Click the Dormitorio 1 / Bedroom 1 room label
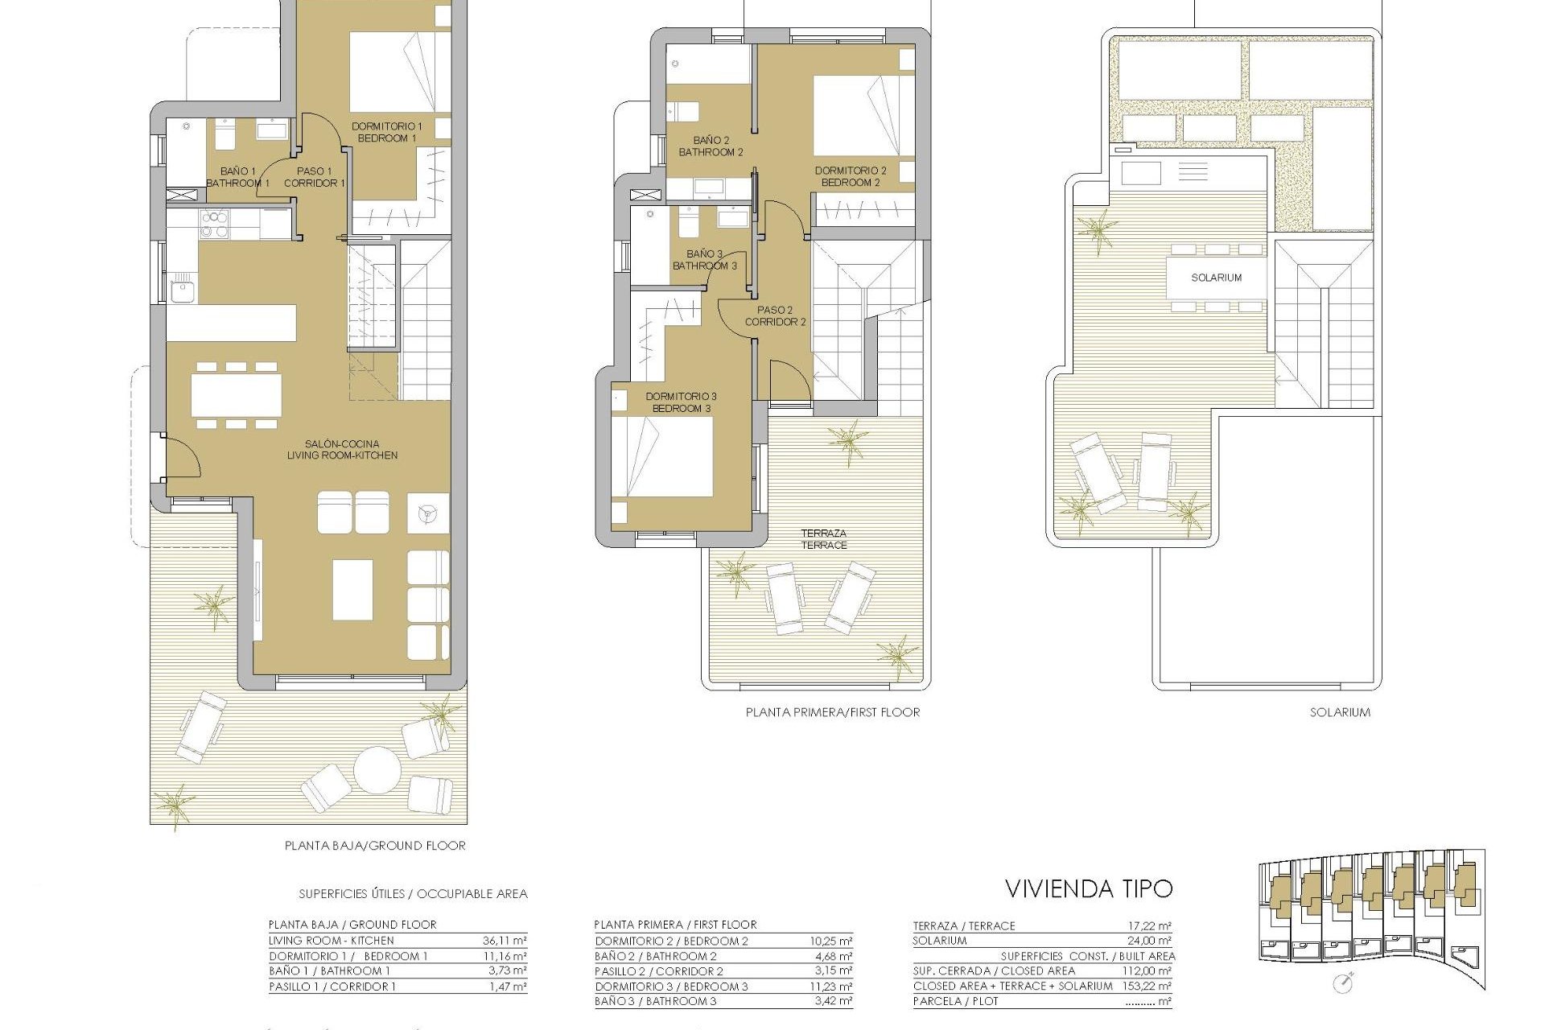click(386, 132)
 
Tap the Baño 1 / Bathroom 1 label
click(237, 177)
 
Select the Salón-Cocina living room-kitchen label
click(342, 449)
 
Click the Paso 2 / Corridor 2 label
click(775, 315)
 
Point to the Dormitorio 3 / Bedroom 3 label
click(681, 402)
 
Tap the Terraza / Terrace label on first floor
click(823, 539)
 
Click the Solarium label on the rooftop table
click(1216, 278)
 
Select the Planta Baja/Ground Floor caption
click(375, 846)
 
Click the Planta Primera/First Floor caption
click(832, 712)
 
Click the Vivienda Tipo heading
click(1089, 888)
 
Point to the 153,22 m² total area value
click(1147, 986)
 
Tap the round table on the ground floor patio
click(377, 770)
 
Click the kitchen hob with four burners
click(214, 225)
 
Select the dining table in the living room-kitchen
click(236, 395)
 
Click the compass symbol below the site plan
click(1342, 983)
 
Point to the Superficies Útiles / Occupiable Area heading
click(413, 893)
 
